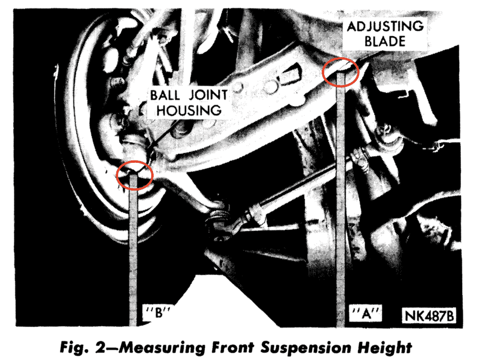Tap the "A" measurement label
coord(365,314)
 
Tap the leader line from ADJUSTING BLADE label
coord(355,57)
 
